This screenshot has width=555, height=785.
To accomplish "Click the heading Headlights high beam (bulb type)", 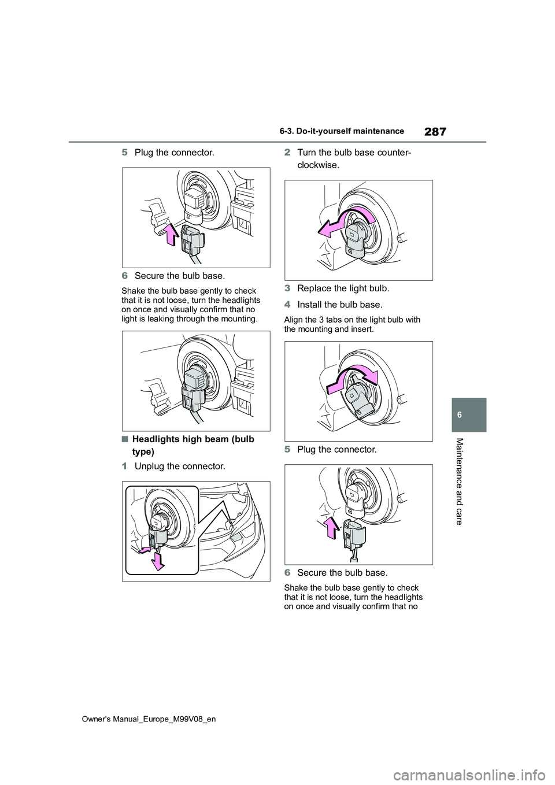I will tap(194, 445).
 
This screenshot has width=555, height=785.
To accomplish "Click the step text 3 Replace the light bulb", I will tap(337, 288).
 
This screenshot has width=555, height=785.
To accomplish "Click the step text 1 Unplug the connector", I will tap(174, 466).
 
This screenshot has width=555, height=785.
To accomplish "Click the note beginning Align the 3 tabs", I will tap(352, 324).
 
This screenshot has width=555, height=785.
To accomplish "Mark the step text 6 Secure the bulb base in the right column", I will tap(336, 572).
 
